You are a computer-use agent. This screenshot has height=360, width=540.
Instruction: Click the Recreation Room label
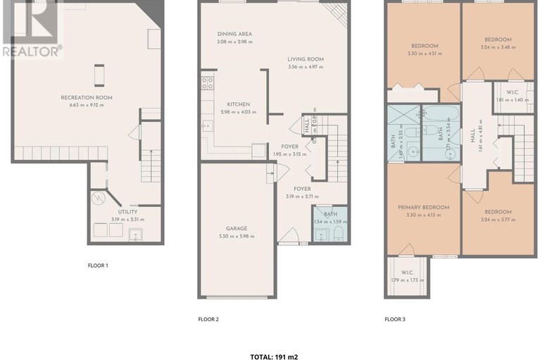coord(87,97)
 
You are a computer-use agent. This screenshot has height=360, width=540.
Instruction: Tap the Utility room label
coord(127,211)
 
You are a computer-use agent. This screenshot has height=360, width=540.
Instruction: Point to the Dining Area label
coord(234,34)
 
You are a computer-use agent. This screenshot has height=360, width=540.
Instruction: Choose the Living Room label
coord(306,59)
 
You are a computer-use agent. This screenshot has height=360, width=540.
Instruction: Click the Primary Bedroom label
coord(423,207)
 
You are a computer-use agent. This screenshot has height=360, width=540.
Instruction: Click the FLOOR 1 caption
coord(97,266)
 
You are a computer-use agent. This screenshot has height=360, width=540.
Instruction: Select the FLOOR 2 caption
coord(208,319)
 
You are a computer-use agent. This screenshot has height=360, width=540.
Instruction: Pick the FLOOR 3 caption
coord(394,319)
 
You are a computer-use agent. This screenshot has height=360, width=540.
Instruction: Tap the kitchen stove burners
coord(208,85)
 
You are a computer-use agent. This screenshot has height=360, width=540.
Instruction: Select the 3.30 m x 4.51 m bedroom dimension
coord(423,54)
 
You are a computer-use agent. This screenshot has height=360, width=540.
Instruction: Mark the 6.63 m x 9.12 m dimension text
coord(87,105)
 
